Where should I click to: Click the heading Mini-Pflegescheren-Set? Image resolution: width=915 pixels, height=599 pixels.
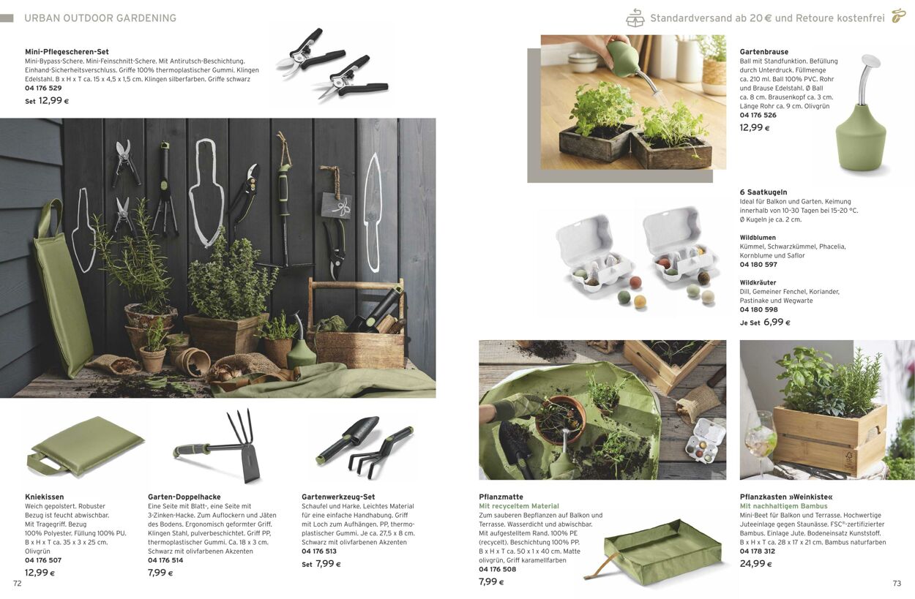click(x=67, y=52)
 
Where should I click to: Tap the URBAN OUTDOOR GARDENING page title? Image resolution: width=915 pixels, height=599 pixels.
click(x=100, y=18)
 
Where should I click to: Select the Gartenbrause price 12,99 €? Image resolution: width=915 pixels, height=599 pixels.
click(x=755, y=127)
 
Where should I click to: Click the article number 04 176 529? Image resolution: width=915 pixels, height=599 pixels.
click(x=43, y=88)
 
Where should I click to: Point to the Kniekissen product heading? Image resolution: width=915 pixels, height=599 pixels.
click(x=45, y=497)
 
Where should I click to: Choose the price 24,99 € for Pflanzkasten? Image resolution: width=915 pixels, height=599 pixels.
click(x=755, y=563)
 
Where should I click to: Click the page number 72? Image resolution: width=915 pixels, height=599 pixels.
click(x=17, y=584)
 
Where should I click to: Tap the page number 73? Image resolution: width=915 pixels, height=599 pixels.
click(x=897, y=584)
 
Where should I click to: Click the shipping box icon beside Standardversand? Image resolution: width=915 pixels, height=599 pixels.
click(x=635, y=18)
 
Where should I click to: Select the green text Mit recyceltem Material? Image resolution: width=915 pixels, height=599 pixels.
click(x=519, y=506)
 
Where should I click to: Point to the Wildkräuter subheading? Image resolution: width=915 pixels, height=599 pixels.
click(x=758, y=282)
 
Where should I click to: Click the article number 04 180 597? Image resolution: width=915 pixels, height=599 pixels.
click(x=758, y=265)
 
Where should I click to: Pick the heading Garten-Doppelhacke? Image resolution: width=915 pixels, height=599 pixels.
click(x=184, y=497)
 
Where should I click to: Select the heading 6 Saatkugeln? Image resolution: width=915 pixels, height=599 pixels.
click(x=763, y=192)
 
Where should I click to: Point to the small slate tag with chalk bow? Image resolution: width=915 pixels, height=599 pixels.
click(x=336, y=206)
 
